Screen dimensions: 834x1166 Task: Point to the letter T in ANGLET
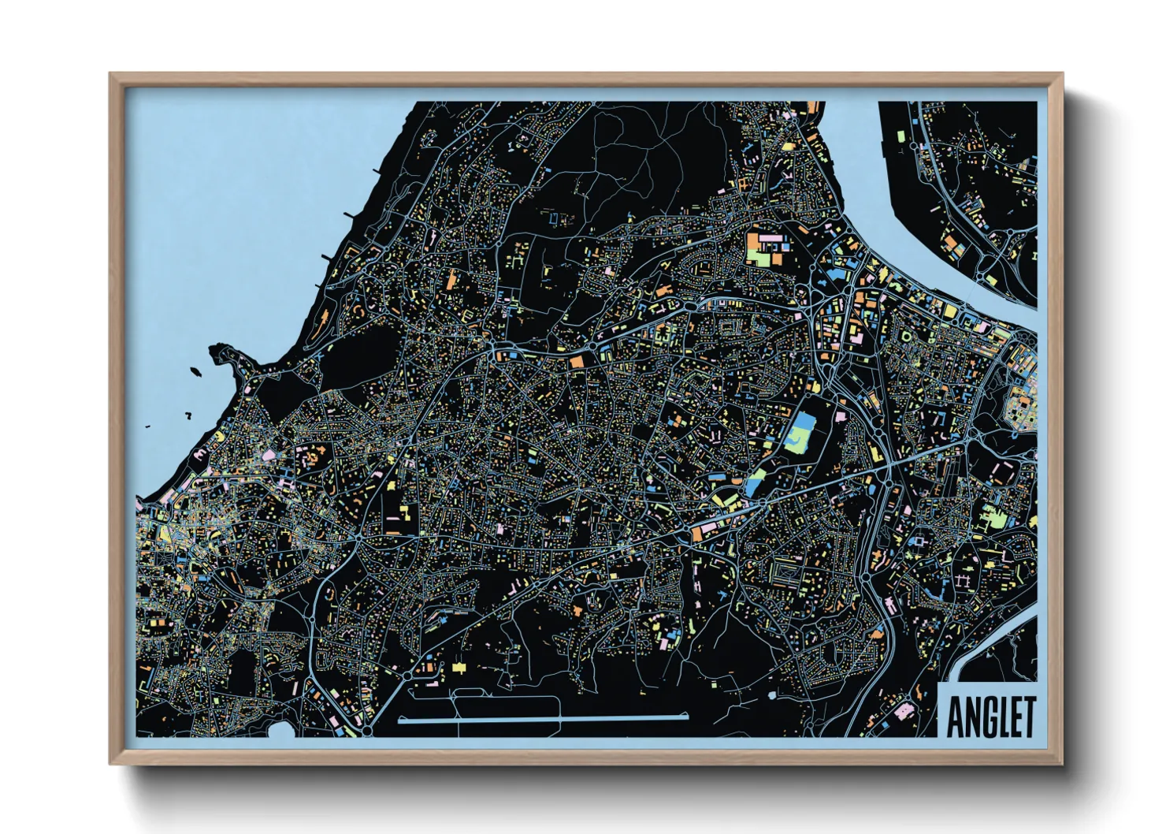[1027, 716]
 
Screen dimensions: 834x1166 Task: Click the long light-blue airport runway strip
[543, 719]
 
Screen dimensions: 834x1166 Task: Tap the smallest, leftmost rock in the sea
[147, 427]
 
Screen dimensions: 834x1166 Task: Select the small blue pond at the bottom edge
[280, 731]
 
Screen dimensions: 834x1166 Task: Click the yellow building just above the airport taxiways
[459, 668]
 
